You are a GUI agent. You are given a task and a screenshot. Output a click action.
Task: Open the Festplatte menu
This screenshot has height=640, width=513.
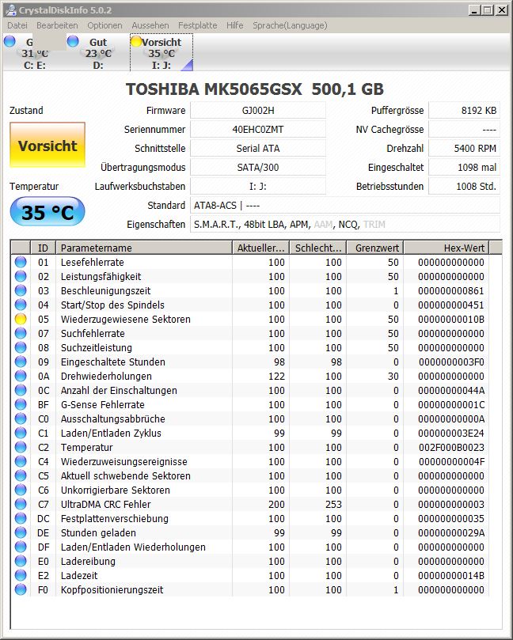pos(197,25)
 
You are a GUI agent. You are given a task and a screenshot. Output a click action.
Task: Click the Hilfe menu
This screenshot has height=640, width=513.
pos(234,25)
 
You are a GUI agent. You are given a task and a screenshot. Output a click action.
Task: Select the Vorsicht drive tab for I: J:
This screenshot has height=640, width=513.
pos(161,53)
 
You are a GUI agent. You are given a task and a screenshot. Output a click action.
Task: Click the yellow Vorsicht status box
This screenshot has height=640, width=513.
pos(47,146)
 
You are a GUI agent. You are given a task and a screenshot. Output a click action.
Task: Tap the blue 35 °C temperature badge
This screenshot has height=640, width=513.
pos(47,212)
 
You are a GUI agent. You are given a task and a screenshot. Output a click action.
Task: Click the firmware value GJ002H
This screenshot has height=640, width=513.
pos(258,111)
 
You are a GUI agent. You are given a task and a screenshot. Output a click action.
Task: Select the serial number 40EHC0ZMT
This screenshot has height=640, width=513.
pos(258,130)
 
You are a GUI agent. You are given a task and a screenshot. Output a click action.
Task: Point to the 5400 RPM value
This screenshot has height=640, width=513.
pos(475,149)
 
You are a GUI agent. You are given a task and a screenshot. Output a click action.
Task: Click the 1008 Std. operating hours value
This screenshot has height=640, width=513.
pos(476,187)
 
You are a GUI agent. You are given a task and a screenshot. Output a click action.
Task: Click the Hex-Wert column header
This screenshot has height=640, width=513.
pos(463,248)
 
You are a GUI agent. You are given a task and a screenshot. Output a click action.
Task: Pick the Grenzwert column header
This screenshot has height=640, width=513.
pos(377,248)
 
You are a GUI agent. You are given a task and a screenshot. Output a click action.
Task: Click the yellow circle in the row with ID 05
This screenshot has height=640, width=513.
pos(21,320)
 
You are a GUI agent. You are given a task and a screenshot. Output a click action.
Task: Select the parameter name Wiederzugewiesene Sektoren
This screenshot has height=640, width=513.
pos(125,320)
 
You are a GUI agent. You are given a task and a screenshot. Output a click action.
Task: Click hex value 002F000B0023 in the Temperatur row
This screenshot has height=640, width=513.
pos(451,448)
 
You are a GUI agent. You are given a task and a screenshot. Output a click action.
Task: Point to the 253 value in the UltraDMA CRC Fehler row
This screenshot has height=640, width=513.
pos(333,505)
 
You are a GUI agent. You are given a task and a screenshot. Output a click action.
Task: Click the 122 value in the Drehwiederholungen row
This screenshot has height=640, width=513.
pos(275,377)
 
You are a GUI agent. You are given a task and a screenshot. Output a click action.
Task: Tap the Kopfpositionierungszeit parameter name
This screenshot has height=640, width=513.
pos(112,590)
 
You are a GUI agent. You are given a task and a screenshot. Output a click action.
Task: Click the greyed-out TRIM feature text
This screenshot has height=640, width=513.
pos(374,225)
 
